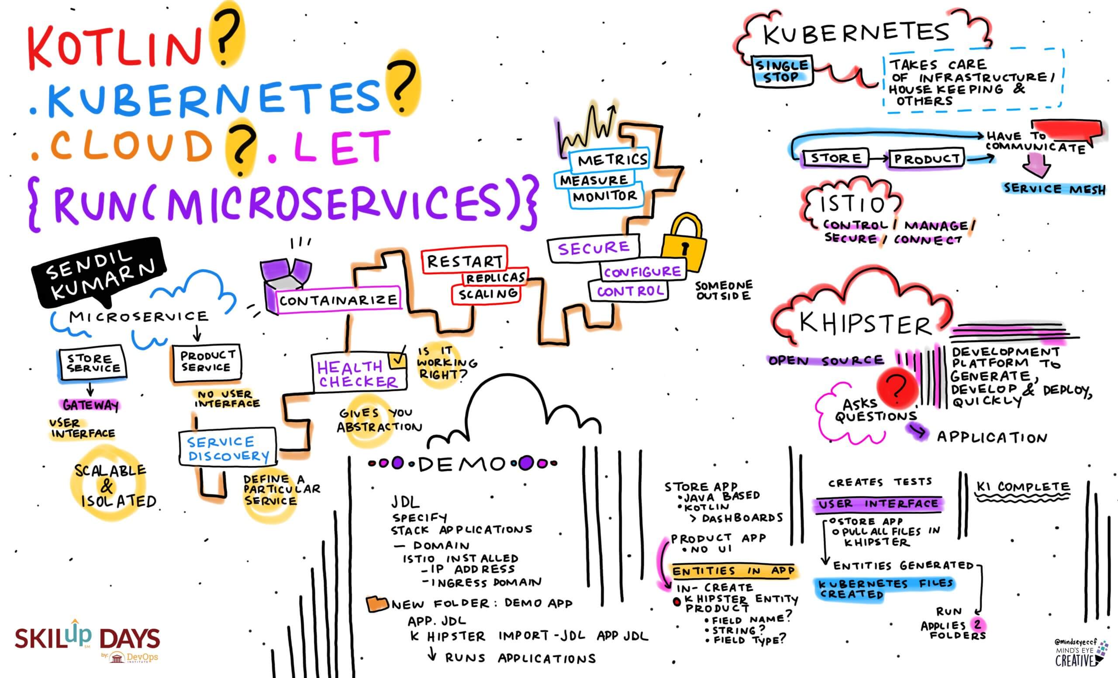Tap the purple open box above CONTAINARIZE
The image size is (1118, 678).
(x=286, y=277)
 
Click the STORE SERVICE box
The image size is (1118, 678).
(x=93, y=364)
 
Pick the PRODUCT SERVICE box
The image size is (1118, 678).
(x=207, y=361)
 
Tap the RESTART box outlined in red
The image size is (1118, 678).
(x=465, y=261)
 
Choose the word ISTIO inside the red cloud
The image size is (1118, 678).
(x=852, y=204)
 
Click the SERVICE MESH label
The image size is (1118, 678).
(x=1053, y=189)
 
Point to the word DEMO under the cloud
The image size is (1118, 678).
(x=462, y=464)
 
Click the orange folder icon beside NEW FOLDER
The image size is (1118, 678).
(x=377, y=604)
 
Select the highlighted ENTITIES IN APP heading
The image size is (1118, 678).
(x=733, y=571)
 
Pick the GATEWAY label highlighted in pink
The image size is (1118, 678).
(x=90, y=405)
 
